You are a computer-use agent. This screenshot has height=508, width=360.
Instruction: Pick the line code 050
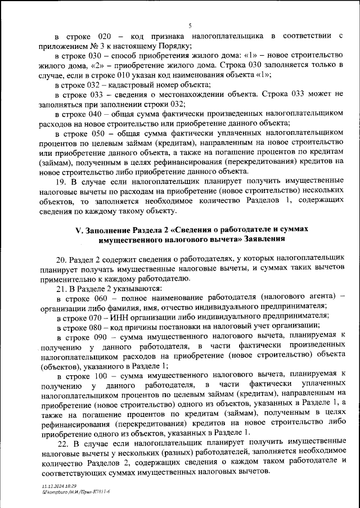coord(103,133)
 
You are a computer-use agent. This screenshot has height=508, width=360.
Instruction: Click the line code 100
coord(103,374)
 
